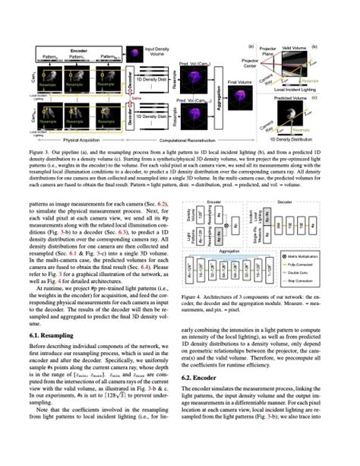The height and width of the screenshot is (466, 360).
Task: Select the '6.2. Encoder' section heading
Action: pyautogui.click(x=204, y=378)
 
